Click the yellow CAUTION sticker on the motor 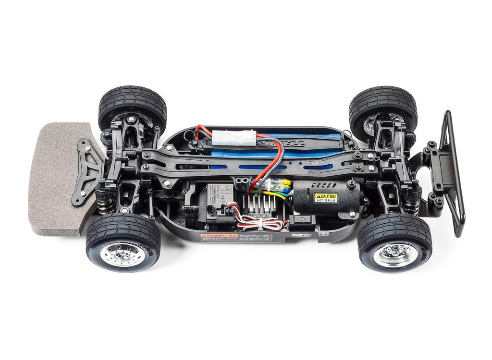click(326, 197)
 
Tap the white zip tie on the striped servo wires click(263, 223)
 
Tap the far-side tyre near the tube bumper click(383, 106)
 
